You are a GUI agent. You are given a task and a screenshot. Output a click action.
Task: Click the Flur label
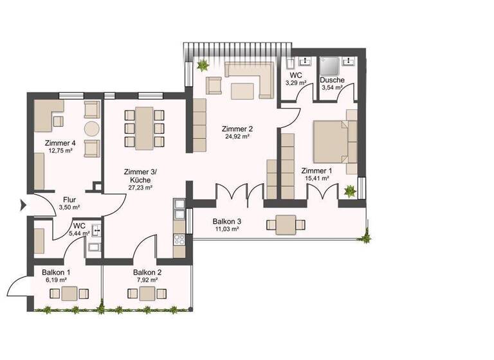[x=70, y=199]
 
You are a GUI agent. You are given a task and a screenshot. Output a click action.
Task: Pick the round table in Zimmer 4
[x=91, y=127]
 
